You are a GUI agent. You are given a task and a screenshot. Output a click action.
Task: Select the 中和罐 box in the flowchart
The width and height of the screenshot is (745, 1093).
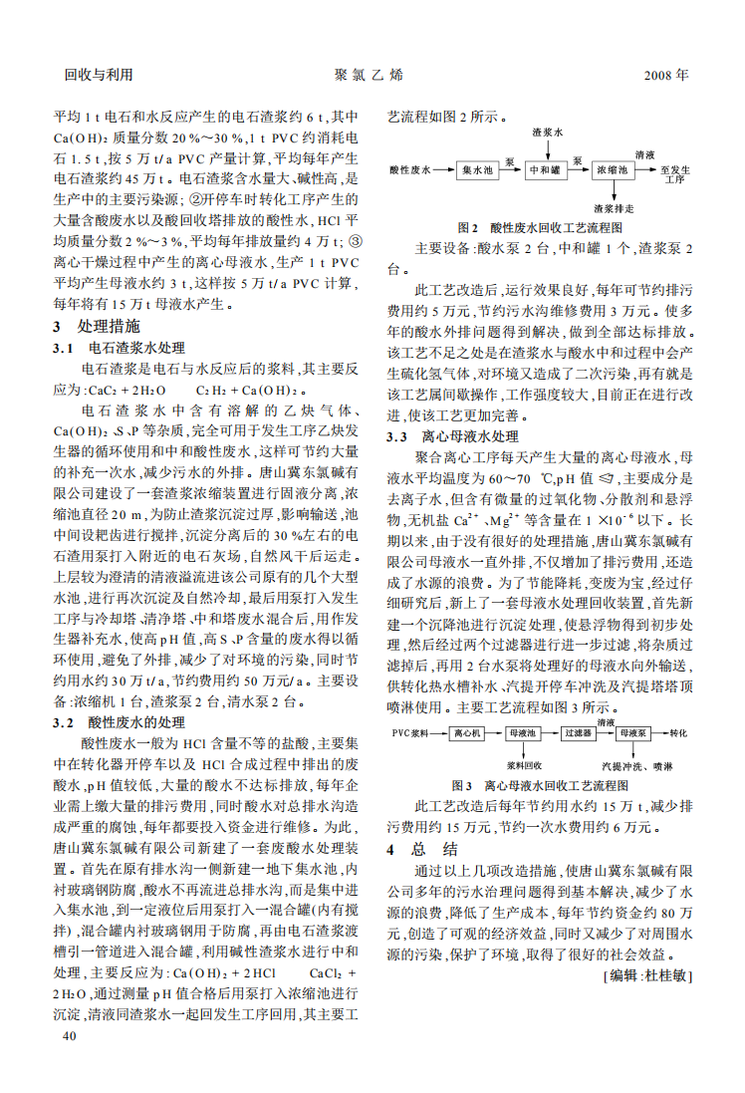click(x=546, y=170)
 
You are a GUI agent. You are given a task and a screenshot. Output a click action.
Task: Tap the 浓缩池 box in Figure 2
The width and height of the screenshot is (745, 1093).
click(x=613, y=170)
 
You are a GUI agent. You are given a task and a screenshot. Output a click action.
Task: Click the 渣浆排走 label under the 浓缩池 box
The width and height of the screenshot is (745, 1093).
click(x=614, y=208)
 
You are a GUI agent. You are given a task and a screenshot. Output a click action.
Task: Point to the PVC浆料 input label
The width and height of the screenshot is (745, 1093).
click(x=410, y=732)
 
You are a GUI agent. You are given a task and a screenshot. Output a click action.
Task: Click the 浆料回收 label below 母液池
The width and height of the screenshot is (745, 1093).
click(x=523, y=765)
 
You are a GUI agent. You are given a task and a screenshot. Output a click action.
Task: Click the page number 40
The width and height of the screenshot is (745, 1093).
click(x=69, y=1036)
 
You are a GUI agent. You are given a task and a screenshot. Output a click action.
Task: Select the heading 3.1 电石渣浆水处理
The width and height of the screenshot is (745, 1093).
click(x=119, y=348)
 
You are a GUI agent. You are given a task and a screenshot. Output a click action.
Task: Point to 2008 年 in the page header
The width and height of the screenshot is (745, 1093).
click(x=665, y=75)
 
